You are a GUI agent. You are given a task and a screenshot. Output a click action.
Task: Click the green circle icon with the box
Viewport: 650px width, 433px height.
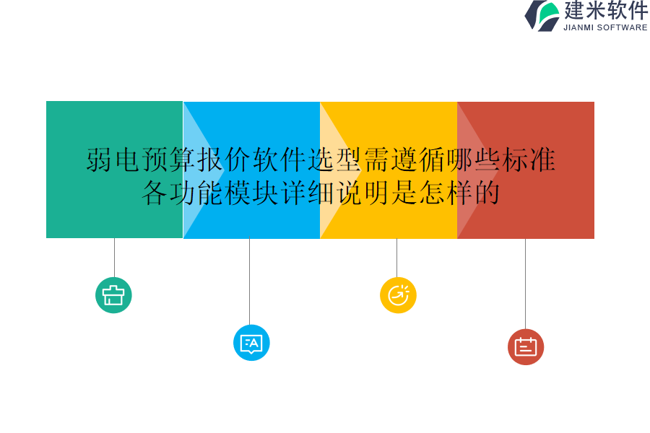(x=113, y=295)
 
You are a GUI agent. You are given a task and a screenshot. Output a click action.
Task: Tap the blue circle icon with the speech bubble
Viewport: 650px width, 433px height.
(x=251, y=343)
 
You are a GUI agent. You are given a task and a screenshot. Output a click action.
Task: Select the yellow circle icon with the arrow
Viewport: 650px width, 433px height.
(x=398, y=295)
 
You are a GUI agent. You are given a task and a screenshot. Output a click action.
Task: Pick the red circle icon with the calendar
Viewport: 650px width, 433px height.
(x=526, y=347)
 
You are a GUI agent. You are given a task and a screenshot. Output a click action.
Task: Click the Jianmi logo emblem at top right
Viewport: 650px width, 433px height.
(x=542, y=16)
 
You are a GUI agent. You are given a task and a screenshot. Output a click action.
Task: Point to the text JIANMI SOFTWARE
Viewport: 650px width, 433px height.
(x=605, y=28)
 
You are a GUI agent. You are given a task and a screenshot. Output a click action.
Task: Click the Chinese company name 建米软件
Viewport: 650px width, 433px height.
(x=605, y=11)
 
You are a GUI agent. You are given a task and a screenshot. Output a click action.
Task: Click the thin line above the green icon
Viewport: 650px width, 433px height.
(x=114, y=258)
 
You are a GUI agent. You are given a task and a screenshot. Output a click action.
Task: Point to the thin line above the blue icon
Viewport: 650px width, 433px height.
(x=249, y=281)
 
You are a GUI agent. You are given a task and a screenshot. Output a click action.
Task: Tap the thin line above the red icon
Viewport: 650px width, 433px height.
(x=525, y=284)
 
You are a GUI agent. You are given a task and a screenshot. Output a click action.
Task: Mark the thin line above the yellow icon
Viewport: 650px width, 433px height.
(x=396, y=258)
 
